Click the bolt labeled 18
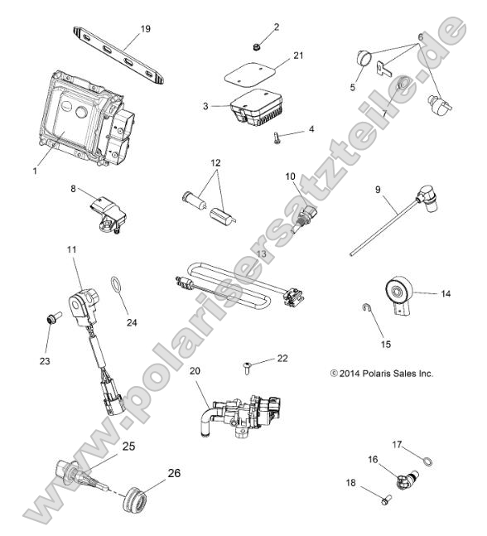(x=405, y=502)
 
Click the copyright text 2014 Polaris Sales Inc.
(x=381, y=373)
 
